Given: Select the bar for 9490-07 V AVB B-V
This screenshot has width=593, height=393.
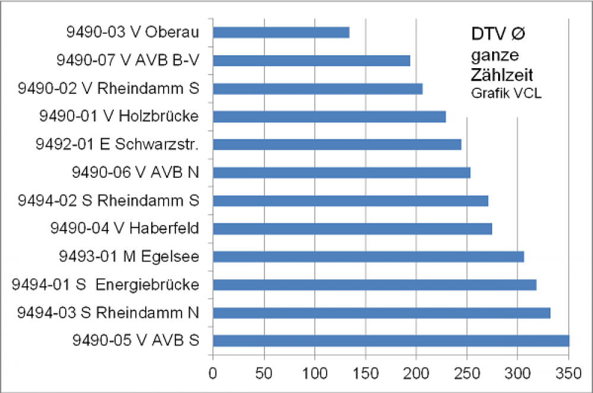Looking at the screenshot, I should click(x=311, y=60).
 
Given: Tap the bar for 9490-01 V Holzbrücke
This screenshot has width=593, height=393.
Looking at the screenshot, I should click(x=329, y=117).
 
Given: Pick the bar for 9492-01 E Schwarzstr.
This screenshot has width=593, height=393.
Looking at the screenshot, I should click(x=337, y=145).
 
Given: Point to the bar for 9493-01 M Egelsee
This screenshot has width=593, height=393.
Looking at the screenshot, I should click(x=368, y=257).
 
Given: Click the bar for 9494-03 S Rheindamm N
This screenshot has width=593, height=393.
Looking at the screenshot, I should click(x=381, y=313).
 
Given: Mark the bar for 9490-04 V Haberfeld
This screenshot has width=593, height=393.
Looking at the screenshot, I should click(x=352, y=229).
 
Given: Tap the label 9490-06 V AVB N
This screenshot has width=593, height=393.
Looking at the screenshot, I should click(x=135, y=172).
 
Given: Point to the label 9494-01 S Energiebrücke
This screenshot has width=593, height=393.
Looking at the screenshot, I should click(x=105, y=285).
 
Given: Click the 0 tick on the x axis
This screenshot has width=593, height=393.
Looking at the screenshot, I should click(x=213, y=374).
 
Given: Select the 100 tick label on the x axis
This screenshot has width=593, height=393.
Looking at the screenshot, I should click(x=315, y=374).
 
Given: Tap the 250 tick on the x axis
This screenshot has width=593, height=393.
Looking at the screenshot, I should click(x=467, y=374).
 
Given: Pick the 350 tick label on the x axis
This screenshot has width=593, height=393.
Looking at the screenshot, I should click(x=569, y=374).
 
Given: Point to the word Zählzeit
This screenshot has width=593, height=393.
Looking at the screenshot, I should click(x=501, y=76).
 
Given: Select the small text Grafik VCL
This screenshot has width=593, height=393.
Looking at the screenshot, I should click(x=506, y=94).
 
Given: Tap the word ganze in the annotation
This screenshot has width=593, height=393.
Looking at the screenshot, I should click(x=495, y=56).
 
